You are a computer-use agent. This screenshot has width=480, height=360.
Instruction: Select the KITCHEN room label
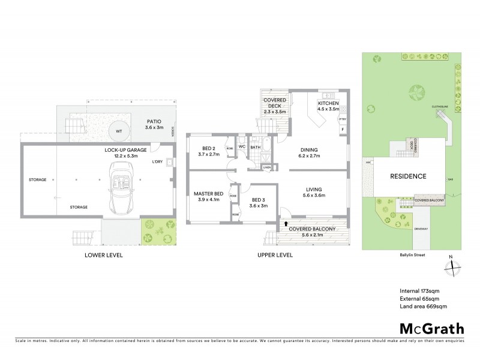coord(328,104)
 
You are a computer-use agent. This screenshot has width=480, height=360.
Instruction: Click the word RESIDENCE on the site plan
coord(409,176)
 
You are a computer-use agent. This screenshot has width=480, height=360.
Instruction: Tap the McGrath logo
coord(431,328)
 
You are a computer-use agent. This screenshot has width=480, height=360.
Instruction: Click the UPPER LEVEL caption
coord(275,255)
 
